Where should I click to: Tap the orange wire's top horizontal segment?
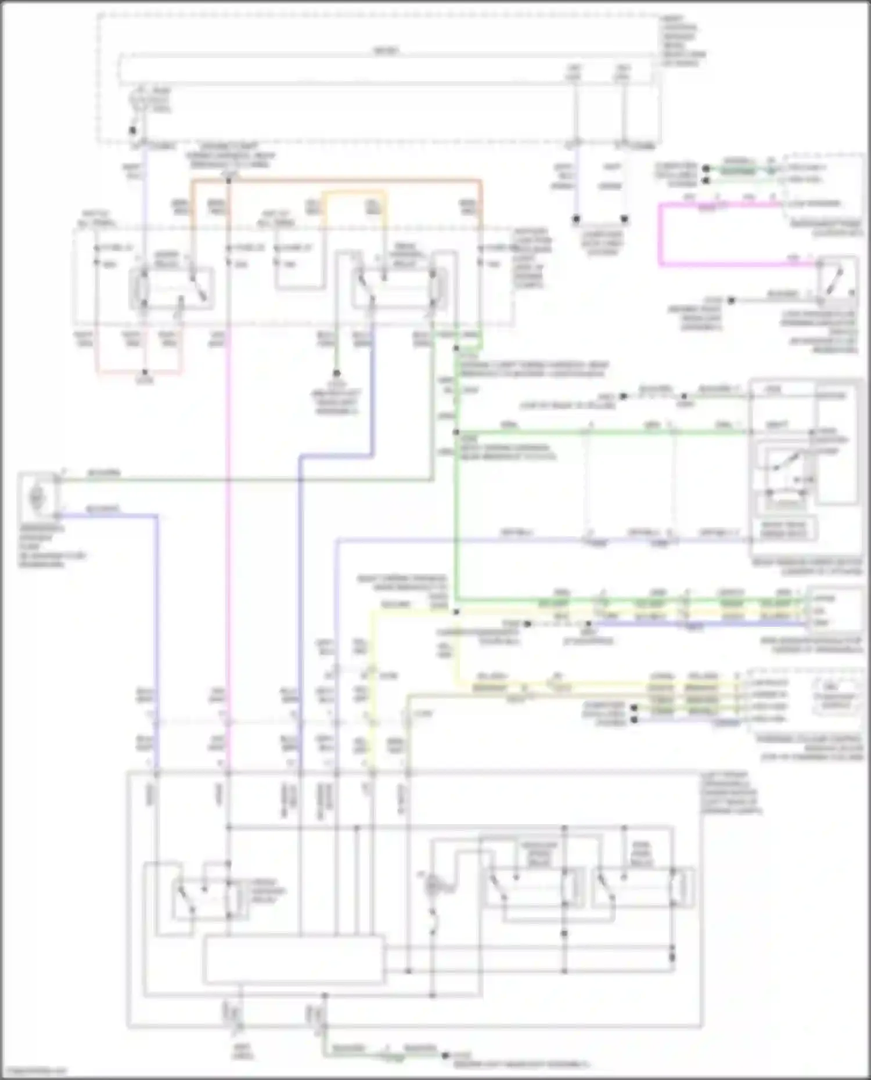pos(337,181)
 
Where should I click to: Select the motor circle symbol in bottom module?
pos(432,886)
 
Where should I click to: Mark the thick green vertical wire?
pos(456,511)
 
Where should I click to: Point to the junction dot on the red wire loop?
pos(145,372)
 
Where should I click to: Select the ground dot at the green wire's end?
pos(445,1056)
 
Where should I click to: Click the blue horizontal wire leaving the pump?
pos(107,515)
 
